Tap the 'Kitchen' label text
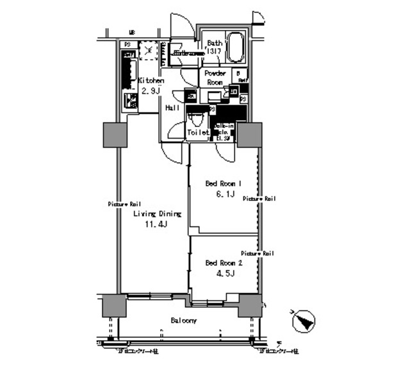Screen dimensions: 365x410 pos(151,81)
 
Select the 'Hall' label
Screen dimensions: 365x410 pos(171,108)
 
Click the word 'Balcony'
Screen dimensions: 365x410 pos(183,320)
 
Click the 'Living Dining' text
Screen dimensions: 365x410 pos(157,214)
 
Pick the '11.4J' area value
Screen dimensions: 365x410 pos(156,225)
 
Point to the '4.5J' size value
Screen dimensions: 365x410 pos(224,274)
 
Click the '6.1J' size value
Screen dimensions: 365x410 pos(224,194)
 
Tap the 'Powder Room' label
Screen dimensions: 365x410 pos(213,78)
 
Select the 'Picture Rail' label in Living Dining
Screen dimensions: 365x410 pos(123,204)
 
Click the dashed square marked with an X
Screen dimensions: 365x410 pos(149,50)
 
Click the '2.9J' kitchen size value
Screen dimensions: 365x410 pos(151,92)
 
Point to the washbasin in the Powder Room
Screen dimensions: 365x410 pos(211,96)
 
